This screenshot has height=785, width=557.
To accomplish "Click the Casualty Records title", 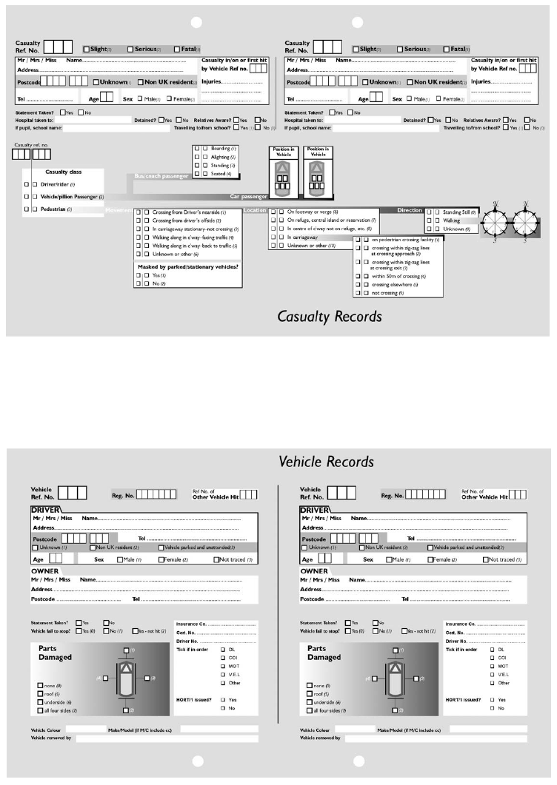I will pyautogui.click(x=330, y=317).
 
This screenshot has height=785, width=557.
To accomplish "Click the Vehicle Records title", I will pyautogui.click(x=326, y=462).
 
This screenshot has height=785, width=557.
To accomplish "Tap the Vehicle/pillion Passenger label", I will pyautogui.click(x=71, y=197).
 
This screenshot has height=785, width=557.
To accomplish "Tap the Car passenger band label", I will pyautogui.click(x=248, y=197).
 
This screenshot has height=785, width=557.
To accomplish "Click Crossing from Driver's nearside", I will pyautogui.click(x=190, y=212).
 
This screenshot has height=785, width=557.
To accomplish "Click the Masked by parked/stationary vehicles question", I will pyautogui.click(x=188, y=266).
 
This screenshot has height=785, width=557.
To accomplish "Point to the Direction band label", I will pyautogui.click(x=410, y=210).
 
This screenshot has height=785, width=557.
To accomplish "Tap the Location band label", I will pyautogui.click(x=255, y=211).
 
